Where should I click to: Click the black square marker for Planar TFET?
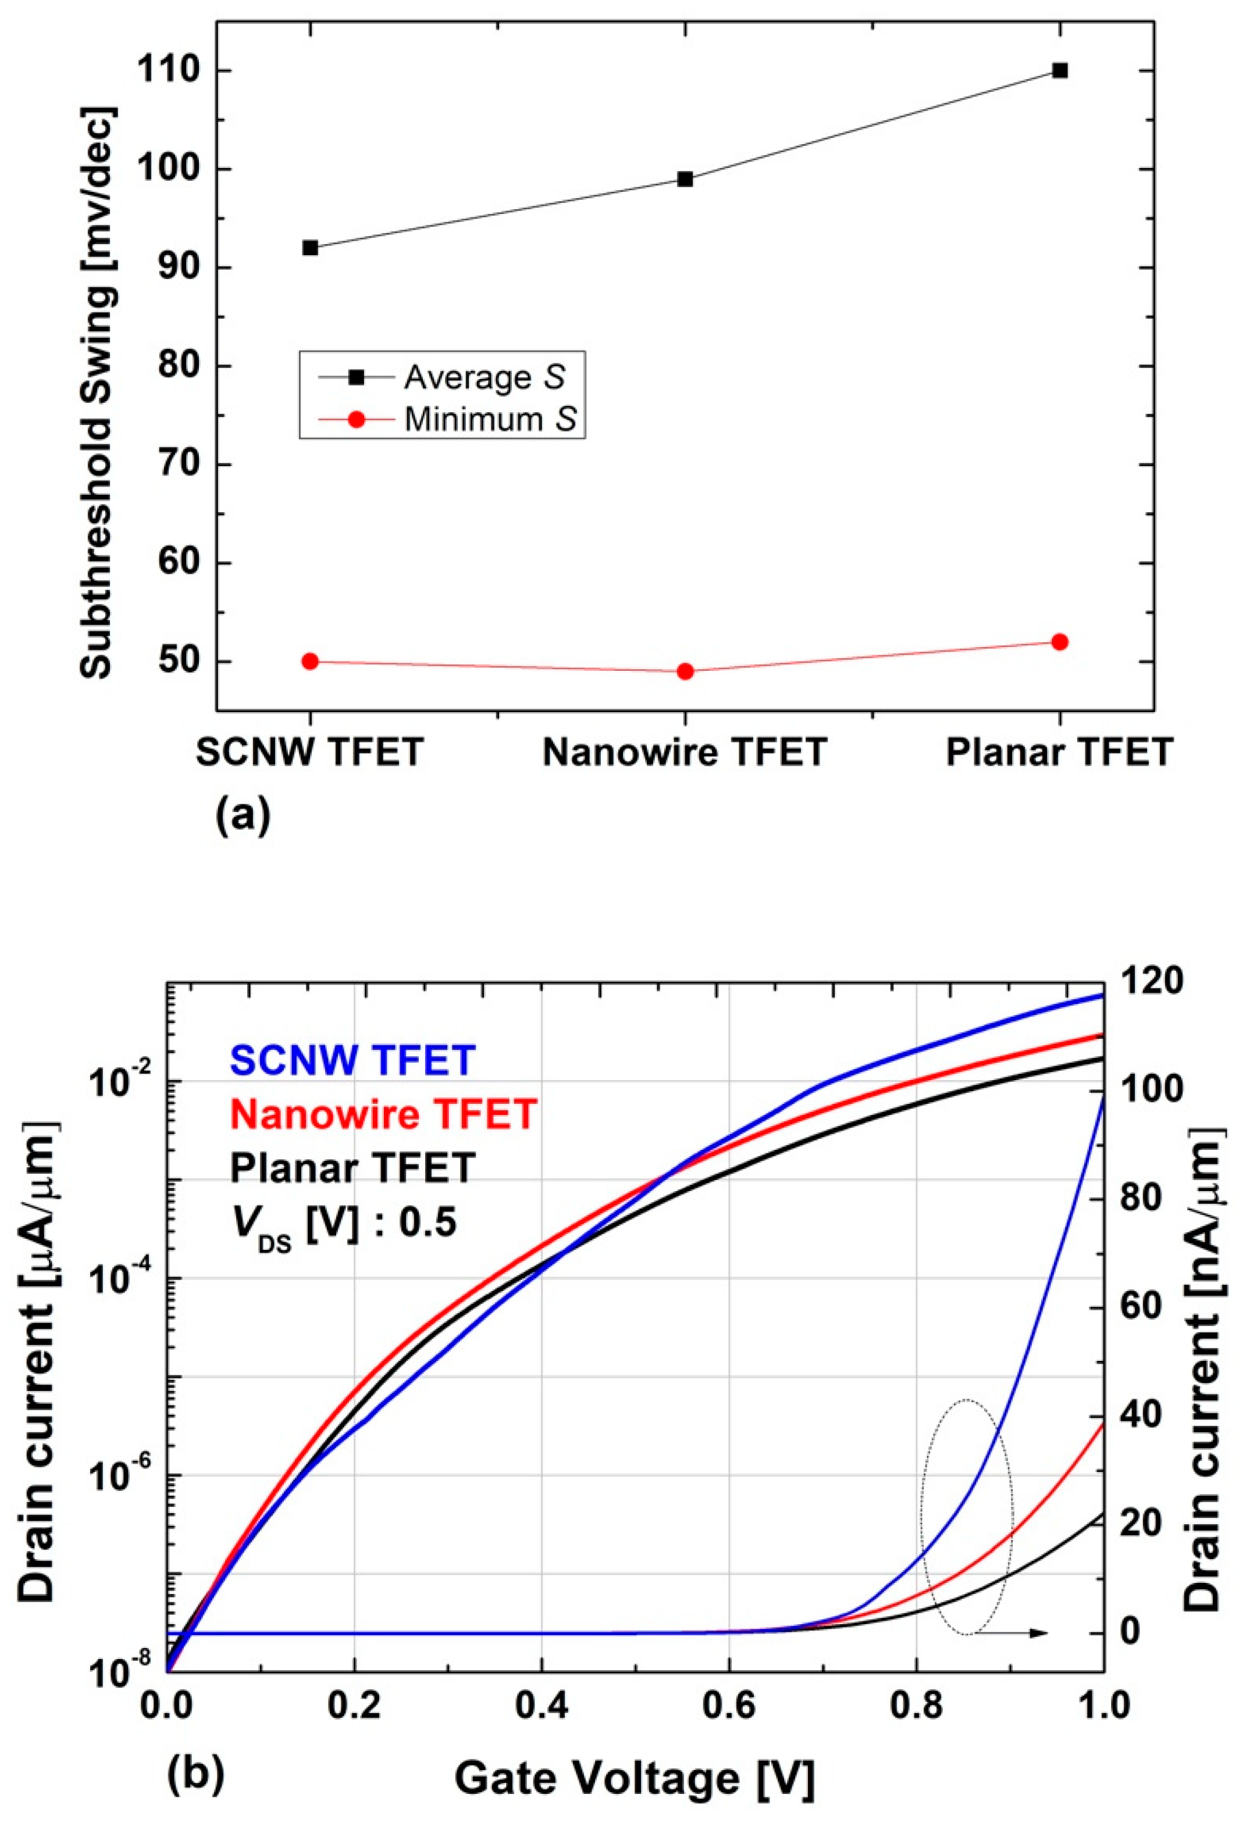point(1059,70)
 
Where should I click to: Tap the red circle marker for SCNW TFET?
point(310,662)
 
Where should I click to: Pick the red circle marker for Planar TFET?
point(1059,642)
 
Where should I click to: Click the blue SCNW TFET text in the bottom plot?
point(352,1060)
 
